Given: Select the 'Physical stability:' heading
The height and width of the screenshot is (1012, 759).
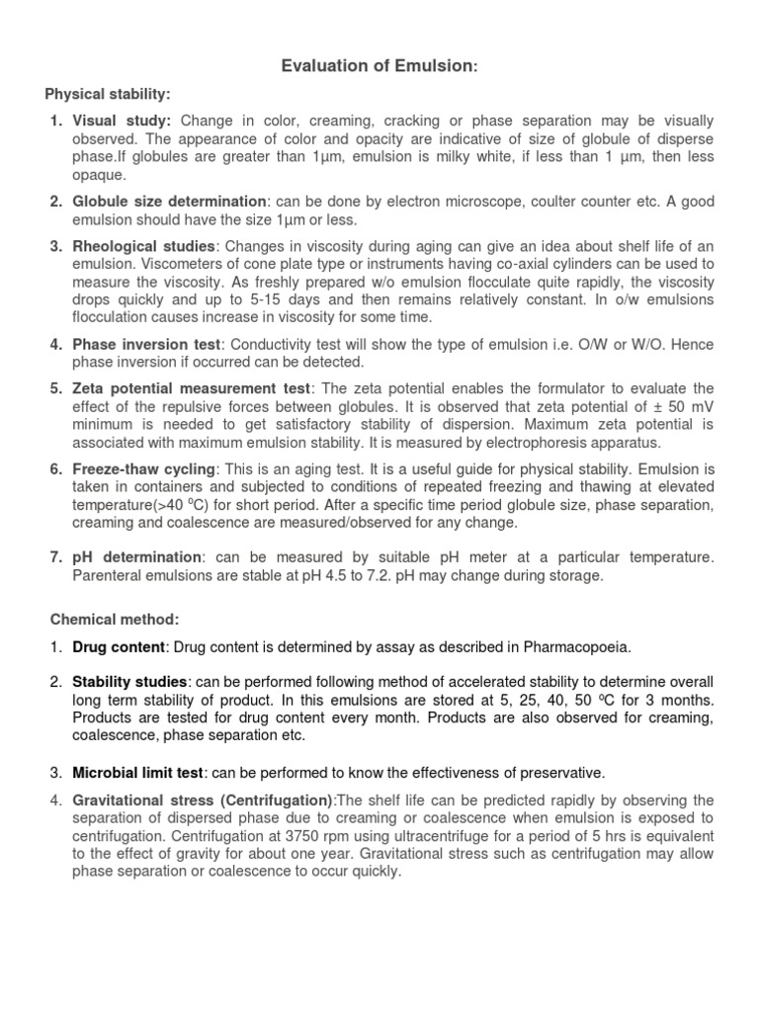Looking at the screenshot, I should (108, 94).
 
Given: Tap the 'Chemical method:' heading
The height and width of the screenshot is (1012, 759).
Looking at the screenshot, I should (115, 619).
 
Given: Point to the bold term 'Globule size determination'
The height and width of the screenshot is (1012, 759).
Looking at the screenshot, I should (169, 202).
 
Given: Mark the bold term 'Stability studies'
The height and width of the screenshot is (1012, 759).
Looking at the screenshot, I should (129, 683).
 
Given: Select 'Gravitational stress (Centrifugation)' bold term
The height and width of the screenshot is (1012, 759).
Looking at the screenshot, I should (203, 800).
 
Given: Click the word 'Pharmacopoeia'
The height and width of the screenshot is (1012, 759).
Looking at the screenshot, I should (578, 647).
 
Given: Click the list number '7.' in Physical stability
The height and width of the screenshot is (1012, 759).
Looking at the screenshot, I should (57, 557).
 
